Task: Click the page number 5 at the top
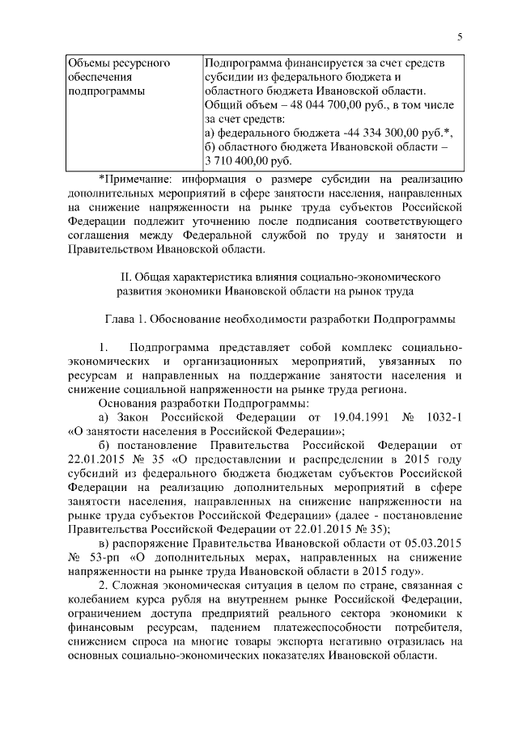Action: click(x=460, y=36)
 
